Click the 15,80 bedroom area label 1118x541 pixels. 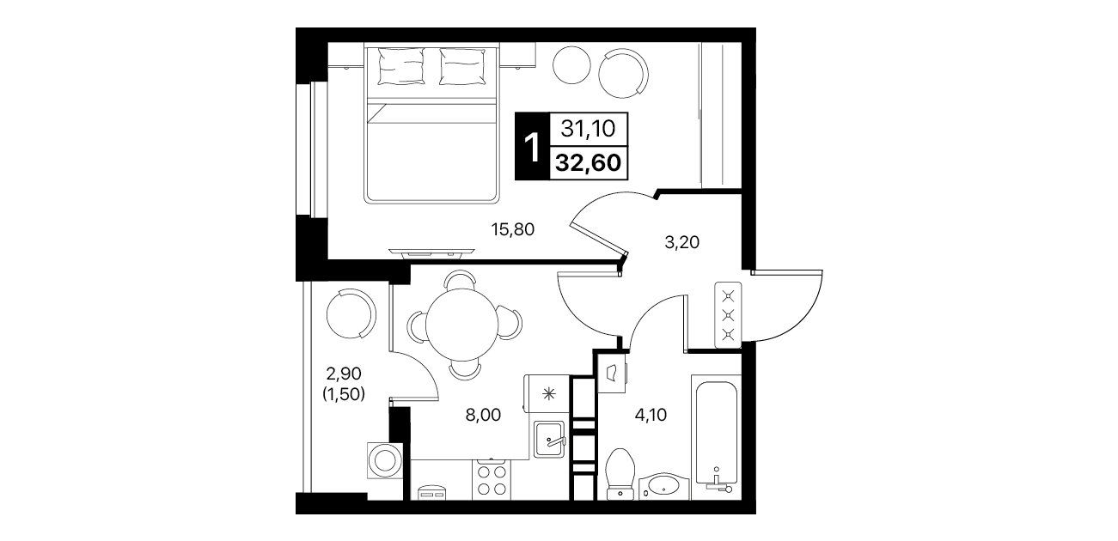tap(512, 229)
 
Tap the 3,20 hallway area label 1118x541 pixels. tap(681, 242)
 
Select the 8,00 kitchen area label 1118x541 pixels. tap(483, 415)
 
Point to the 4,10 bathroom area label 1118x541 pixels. tap(651, 415)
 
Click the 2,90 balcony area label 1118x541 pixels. tap(344, 373)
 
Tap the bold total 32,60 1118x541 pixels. tap(589, 162)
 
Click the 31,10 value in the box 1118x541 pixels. tap(588, 129)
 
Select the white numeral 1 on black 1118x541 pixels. tap(532, 147)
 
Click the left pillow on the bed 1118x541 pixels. tap(401, 66)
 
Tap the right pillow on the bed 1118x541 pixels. tap(462, 66)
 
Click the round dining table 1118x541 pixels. tap(462, 325)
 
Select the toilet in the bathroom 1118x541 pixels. tap(620, 474)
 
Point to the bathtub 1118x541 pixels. tap(716, 437)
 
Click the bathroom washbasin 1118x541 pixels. tap(663, 486)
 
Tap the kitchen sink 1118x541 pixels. tap(549, 440)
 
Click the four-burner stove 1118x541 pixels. tap(492, 480)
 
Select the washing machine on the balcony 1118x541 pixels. tap(385, 459)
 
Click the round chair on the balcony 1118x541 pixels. tap(351, 314)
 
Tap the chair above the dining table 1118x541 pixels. tap(460, 279)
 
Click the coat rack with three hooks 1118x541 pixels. tap(728, 315)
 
